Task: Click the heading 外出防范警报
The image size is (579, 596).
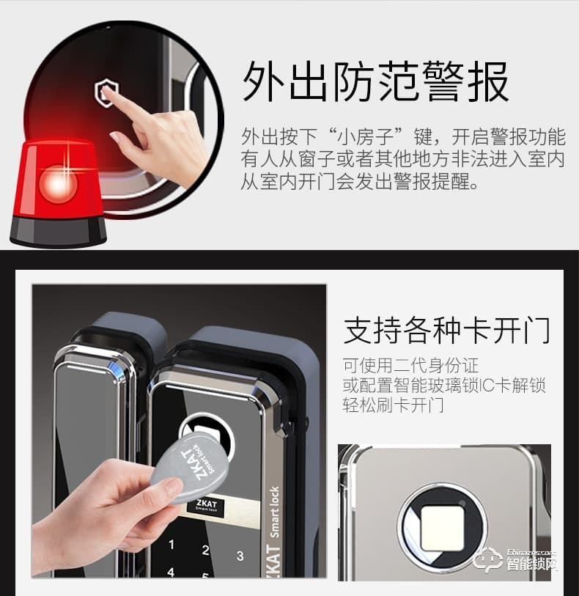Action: pos(375,81)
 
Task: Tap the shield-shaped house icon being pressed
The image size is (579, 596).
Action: pos(105,93)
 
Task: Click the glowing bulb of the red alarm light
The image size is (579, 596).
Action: pos(58,183)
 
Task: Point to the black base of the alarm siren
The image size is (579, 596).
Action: pos(58,231)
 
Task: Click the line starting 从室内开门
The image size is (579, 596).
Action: pos(361,181)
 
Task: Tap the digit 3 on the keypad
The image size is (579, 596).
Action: pos(240,556)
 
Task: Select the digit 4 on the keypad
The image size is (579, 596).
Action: pos(171,573)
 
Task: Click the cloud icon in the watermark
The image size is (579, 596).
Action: pos(488,560)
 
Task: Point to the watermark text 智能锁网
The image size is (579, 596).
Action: pos(531,565)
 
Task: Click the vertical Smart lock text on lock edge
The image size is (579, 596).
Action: pos(275,513)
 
